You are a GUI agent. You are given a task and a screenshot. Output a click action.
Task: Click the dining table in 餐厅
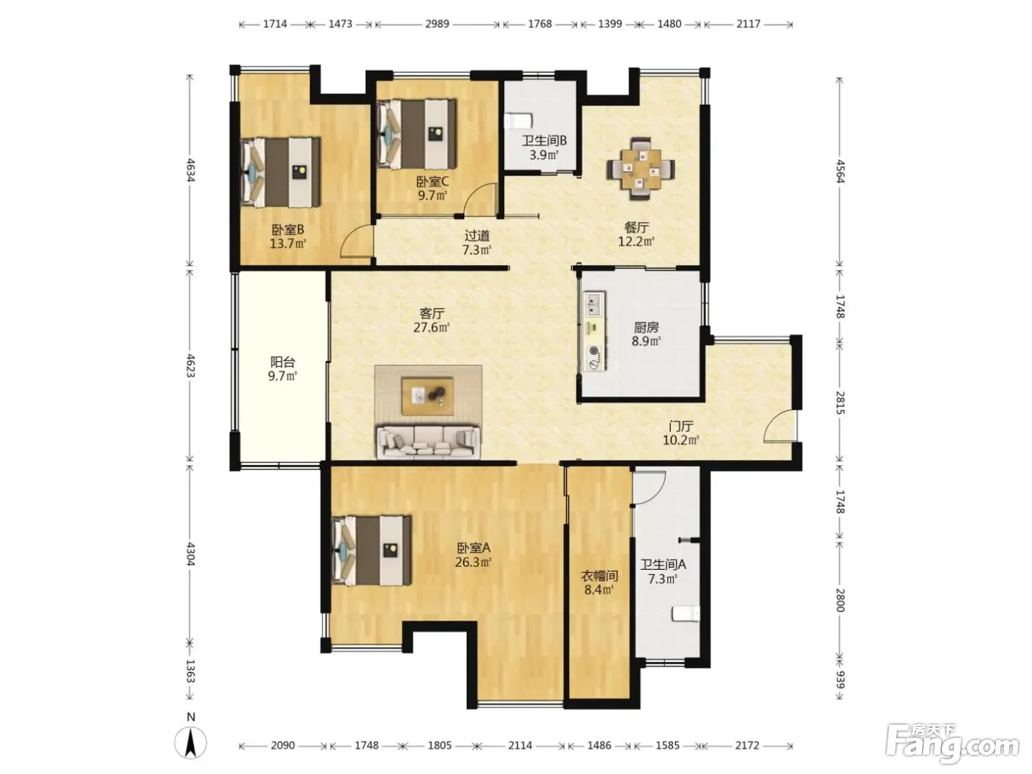(640, 169)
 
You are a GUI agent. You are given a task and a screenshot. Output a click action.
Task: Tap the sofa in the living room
(428, 442)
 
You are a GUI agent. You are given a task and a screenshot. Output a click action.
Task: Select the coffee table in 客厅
(428, 396)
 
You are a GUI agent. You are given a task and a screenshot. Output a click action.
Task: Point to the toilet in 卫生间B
(519, 121)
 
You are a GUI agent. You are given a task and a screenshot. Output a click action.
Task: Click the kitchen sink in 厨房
(594, 304)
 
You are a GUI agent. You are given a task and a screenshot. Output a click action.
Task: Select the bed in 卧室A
(371, 551)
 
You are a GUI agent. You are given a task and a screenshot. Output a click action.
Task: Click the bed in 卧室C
(417, 134)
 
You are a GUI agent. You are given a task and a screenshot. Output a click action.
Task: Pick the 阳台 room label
(282, 369)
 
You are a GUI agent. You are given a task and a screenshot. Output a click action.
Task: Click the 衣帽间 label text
(599, 575)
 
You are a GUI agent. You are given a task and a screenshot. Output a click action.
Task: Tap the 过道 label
(477, 235)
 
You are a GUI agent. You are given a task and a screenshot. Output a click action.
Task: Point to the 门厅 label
(680, 426)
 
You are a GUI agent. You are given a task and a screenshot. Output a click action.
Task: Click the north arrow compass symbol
(190, 742)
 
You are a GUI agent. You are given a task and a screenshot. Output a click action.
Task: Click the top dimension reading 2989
(437, 24)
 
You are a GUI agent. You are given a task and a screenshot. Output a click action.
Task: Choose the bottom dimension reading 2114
(520, 745)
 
